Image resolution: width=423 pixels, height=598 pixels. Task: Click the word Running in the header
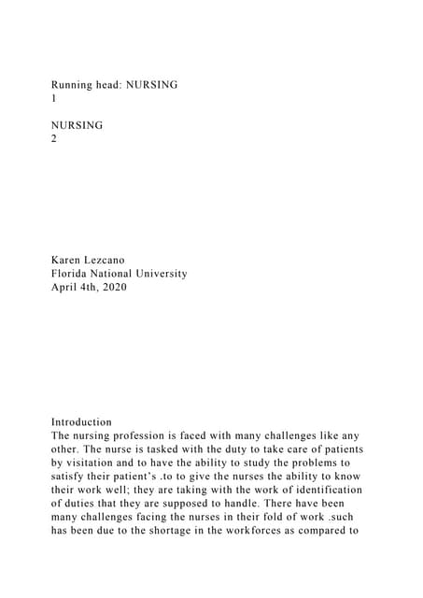(75, 84)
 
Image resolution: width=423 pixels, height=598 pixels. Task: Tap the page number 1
(54, 97)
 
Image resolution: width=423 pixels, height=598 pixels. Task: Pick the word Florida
(73, 274)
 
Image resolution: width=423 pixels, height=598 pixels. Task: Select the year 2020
(112, 287)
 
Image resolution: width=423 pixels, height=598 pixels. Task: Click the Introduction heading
(81, 421)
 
